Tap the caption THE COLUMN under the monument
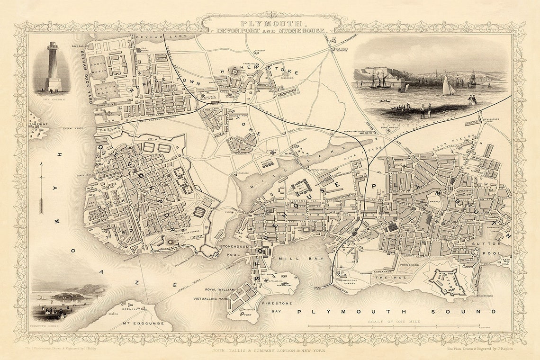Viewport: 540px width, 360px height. tap(52, 99)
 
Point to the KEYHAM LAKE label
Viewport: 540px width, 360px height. tap(151, 36)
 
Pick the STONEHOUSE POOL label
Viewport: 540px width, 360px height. tap(231, 250)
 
